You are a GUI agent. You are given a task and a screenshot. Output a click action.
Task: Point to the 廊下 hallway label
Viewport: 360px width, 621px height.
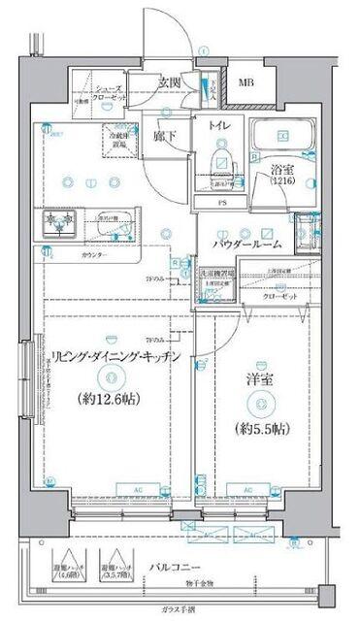click(x=163, y=137)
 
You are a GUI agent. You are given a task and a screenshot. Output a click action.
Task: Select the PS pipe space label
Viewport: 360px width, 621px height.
click(x=220, y=202)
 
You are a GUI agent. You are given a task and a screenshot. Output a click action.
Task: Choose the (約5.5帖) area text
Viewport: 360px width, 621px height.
click(x=251, y=428)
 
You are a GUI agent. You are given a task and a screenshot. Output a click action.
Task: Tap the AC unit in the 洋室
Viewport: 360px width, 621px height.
click(x=248, y=490)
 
